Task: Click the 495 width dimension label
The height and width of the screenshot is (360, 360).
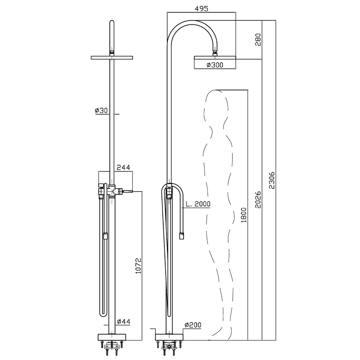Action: click(201, 9)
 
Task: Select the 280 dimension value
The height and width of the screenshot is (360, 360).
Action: click(258, 40)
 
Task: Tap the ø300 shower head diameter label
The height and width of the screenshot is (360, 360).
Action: click(215, 65)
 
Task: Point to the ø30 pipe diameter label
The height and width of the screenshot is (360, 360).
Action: click(101, 110)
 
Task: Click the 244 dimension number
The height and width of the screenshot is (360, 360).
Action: click(123, 167)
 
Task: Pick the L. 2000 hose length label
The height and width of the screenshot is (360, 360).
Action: click(198, 204)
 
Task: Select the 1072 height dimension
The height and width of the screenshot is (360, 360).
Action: click(138, 266)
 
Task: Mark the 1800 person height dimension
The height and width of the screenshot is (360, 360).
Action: click(244, 215)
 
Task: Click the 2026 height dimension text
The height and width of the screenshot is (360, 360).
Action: click(258, 199)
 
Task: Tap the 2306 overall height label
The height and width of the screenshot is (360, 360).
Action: click(272, 180)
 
